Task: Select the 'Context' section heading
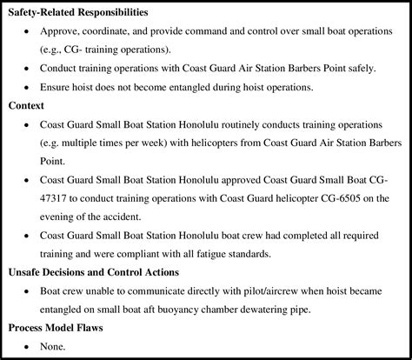point(26,105)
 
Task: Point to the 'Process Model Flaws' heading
point(58,328)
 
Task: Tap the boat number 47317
point(57,199)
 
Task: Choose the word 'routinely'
point(244,125)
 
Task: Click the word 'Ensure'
point(57,87)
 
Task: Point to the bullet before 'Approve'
point(29,32)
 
